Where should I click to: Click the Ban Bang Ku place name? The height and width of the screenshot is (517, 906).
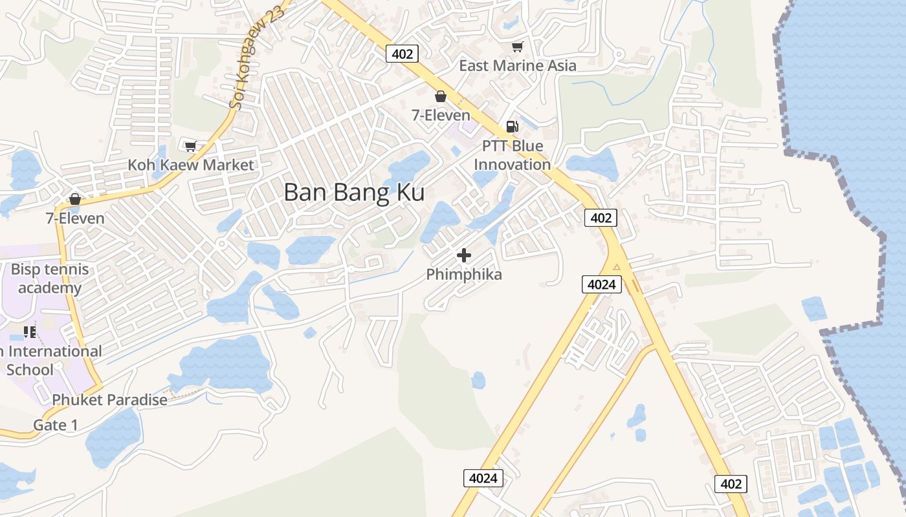(354, 193)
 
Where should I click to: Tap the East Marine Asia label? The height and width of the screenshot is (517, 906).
(517, 65)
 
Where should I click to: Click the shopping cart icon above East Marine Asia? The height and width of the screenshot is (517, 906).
(517, 47)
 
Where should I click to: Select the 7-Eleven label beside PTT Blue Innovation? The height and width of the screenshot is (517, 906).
(441, 115)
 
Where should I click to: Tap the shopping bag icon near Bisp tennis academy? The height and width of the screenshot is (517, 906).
(75, 199)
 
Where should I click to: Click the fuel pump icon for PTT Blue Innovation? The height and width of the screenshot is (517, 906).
(512, 127)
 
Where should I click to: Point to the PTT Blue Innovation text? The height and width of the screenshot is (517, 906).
(512, 155)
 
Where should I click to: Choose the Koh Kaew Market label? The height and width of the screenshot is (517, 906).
(191, 165)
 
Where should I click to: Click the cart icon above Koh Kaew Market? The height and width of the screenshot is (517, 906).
(190, 147)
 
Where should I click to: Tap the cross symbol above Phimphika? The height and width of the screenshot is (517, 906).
(464, 255)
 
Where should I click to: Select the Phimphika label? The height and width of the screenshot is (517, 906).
(464, 275)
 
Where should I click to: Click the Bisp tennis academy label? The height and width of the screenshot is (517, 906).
(50, 279)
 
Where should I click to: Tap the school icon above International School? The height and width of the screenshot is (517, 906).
(29, 332)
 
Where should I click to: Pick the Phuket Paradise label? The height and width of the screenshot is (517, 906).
(109, 400)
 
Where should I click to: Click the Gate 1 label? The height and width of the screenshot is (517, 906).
(56, 425)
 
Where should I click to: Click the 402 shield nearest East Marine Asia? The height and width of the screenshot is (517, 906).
(402, 54)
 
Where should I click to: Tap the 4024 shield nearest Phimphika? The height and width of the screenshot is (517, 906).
(602, 284)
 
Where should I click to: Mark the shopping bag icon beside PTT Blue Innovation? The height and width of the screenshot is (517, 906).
(441, 96)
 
